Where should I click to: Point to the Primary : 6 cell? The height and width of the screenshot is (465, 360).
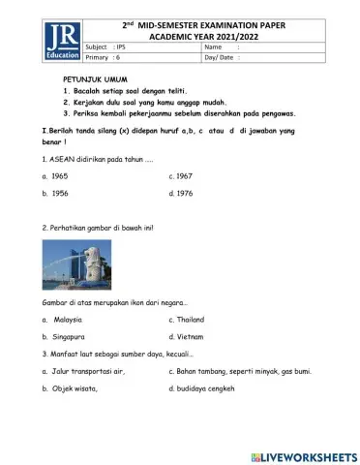(108, 58)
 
